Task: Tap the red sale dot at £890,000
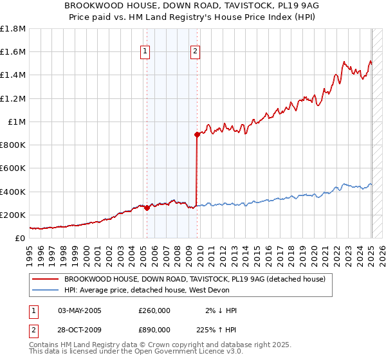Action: [197, 134]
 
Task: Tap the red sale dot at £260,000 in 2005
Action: [147, 208]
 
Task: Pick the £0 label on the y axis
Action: [20, 238]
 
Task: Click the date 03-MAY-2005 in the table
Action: [80, 310]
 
